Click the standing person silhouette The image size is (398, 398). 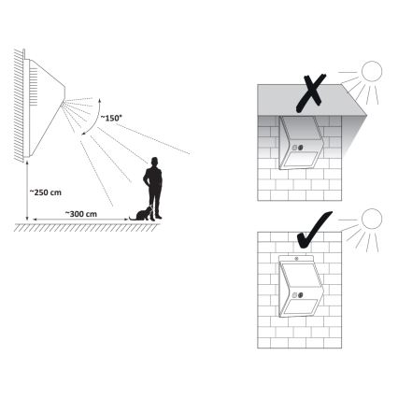coord(152,187)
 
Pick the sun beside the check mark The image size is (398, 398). coord(372,221)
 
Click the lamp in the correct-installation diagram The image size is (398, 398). coord(300,291)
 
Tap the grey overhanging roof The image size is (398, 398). coord(308,99)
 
